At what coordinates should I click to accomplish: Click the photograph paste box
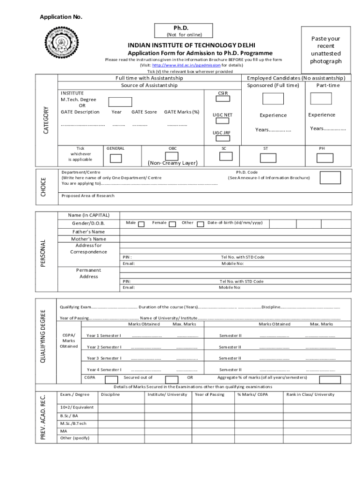click(325, 50)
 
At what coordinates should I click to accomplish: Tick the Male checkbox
click(142, 224)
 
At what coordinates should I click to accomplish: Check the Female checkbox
click(173, 224)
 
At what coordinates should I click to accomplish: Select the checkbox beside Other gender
click(201, 224)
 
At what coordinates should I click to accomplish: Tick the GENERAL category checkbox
click(115, 158)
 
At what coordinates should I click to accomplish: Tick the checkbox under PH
click(325, 158)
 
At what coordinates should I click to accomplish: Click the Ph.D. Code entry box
click(330, 178)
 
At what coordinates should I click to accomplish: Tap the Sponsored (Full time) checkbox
click(273, 99)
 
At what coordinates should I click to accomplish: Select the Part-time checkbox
click(322, 98)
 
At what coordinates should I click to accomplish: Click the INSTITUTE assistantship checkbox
click(120, 102)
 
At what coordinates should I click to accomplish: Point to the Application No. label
click(61, 17)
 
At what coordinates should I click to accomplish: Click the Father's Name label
click(88, 232)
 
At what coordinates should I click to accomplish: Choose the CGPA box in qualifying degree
click(111, 379)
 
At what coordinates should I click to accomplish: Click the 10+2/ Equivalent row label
click(77, 407)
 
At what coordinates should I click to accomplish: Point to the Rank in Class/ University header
click(310, 394)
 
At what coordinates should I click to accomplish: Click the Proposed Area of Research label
click(88, 196)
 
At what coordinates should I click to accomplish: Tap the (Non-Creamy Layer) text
click(173, 163)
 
